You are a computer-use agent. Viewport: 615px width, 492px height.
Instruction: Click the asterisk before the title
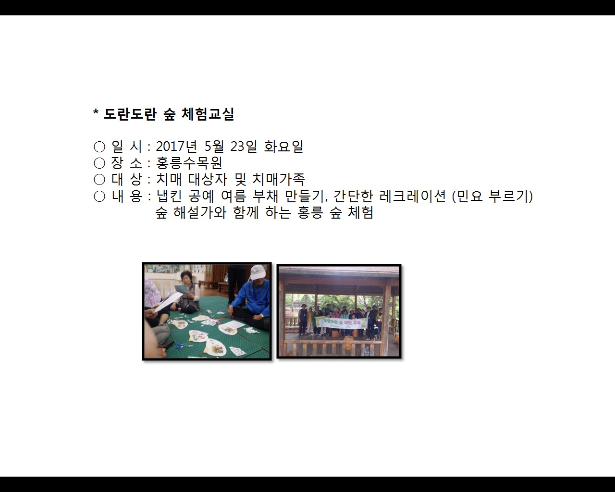tap(96, 114)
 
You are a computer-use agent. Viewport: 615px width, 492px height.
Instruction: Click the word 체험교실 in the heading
tap(208, 114)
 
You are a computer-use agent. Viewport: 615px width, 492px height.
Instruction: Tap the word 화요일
tap(283, 147)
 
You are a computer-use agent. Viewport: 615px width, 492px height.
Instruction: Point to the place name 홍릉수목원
tap(189, 163)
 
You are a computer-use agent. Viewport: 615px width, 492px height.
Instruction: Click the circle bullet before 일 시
tap(99, 147)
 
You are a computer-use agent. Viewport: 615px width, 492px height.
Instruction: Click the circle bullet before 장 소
tap(99, 163)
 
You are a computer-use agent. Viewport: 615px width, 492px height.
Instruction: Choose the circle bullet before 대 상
tap(99, 180)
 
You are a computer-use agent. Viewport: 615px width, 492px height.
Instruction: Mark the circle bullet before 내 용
tap(99, 196)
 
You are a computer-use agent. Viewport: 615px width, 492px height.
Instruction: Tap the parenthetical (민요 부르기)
tap(492, 196)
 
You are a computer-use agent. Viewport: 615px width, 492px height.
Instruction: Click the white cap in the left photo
tap(258, 272)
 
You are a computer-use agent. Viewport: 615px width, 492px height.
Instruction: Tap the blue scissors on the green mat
tap(183, 345)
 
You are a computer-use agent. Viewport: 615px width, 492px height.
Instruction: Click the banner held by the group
tap(342, 323)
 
